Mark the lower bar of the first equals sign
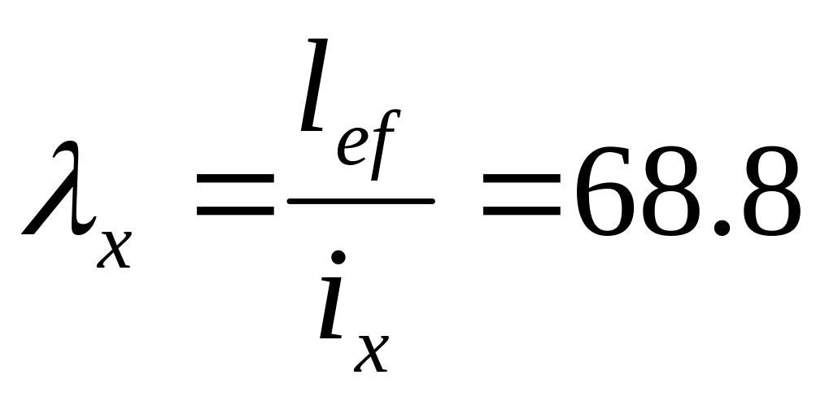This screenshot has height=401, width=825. (x=236, y=213)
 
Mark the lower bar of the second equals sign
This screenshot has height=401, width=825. (x=522, y=213)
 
